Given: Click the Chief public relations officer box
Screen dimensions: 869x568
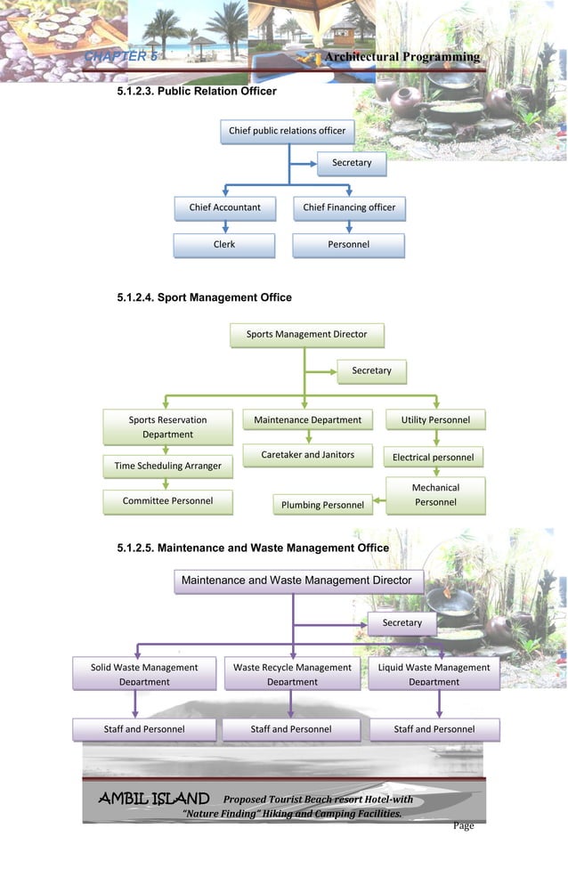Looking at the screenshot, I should pos(287,132).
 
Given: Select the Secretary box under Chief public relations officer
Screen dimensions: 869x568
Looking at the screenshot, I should pos(352,164).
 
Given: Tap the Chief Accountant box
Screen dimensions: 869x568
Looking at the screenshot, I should pos(224,208).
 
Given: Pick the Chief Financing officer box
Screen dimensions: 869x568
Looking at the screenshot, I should pos(348,208).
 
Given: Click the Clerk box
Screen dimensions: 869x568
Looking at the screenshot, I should pos(224,245).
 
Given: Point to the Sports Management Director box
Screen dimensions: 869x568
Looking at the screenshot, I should pos(306,336).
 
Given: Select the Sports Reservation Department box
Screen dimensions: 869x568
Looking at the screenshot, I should pos(167,427).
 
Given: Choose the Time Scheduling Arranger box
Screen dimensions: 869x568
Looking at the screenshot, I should pos(167,466).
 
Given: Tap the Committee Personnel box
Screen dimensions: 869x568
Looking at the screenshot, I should pos(167,501).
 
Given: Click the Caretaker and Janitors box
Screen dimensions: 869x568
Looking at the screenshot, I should pos(308,456).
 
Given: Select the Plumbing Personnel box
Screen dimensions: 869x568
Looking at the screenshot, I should pos(322,506).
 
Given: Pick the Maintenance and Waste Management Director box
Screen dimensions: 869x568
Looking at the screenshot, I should pos(296,581).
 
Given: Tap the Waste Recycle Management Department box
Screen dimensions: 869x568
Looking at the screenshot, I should pos(292,674).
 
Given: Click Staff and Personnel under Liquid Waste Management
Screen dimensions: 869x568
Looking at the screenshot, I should pos(434,730).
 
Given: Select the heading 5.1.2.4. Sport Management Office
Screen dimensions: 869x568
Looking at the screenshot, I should pos(204,297).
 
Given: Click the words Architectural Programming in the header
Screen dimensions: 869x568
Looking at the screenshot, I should pos(402,58).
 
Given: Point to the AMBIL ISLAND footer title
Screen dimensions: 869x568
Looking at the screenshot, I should pos(153,800).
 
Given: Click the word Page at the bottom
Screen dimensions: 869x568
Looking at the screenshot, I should pos(463,826).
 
